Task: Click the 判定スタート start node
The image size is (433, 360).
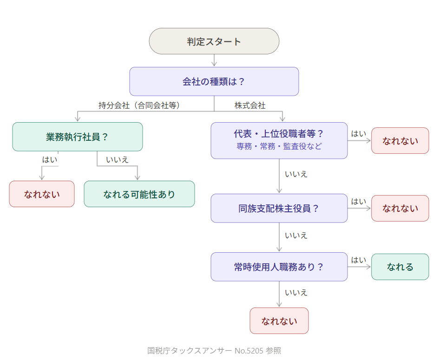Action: pos(214,41)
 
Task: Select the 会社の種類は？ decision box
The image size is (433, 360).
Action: pos(214,82)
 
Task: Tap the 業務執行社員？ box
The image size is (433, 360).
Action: pos(77,137)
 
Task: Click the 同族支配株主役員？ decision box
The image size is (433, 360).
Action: pos(279,209)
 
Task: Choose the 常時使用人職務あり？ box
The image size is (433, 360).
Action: pos(279,267)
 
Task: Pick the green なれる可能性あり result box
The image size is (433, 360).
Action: pos(139,194)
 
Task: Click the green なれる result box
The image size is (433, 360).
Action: pos(400,267)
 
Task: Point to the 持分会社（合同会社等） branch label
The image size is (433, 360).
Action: pos(138,105)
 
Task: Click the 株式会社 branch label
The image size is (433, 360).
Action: pos(250,105)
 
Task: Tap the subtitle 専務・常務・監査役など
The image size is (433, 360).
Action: pos(279,146)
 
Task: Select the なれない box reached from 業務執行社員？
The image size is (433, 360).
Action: pos(42,194)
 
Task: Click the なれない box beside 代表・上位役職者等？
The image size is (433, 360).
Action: pos(400,141)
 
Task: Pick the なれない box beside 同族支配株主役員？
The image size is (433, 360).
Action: pos(400,209)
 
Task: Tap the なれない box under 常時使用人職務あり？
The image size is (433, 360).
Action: pos(279,321)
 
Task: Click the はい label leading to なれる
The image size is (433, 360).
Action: pos(358,260)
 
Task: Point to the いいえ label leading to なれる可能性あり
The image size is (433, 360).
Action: pos(117,160)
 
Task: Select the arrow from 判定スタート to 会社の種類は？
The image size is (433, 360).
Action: pos(214,60)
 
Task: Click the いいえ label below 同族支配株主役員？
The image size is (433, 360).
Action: pos(296,235)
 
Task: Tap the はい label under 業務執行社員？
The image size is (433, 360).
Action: pos(50,160)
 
